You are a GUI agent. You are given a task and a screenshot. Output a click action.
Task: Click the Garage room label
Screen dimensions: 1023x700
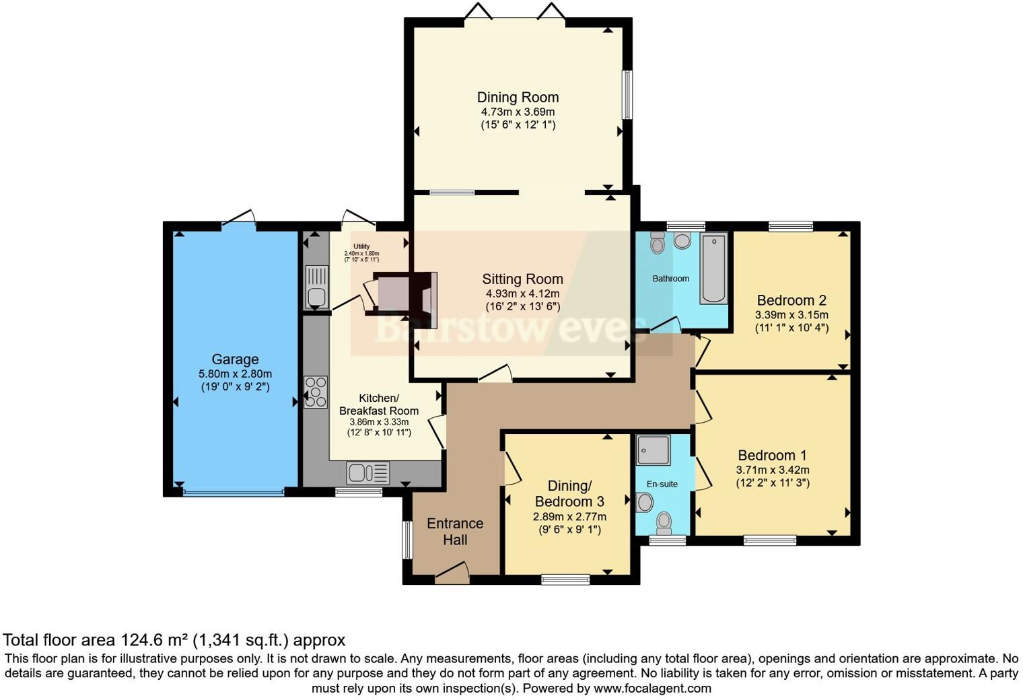click(235, 359)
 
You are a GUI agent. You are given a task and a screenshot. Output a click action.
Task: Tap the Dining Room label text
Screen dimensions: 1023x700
click(518, 98)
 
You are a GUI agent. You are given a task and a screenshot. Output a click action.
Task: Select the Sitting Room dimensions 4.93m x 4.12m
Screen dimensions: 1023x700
click(522, 293)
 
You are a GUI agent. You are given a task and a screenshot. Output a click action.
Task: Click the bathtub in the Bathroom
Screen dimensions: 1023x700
click(714, 269)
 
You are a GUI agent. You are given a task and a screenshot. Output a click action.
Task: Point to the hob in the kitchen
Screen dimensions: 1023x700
click(316, 391)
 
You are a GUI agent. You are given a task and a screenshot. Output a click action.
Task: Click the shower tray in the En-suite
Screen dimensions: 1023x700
click(653, 450)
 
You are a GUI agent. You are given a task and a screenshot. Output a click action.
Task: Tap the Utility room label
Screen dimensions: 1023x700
click(361, 246)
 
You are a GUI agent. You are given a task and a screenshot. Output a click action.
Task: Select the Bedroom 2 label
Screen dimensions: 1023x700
click(791, 300)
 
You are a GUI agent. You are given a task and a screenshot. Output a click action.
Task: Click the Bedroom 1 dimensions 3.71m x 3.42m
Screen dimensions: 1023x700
click(773, 470)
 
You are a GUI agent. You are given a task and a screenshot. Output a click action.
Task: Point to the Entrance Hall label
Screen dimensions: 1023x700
click(455, 532)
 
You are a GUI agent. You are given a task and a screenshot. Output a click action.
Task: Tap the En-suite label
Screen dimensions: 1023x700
click(662, 484)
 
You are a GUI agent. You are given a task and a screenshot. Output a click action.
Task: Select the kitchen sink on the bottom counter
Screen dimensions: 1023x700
click(367, 473)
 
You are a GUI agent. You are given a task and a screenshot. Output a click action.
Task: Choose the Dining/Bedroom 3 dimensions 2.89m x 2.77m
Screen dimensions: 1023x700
click(569, 517)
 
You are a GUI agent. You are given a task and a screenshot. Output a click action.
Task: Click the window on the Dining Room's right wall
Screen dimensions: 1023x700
click(629, 95)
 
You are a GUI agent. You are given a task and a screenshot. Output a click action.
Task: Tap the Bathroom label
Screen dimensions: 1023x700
click(670, 279)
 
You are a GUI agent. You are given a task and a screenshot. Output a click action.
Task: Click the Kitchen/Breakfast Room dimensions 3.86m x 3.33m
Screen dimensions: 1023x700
click(379, 422)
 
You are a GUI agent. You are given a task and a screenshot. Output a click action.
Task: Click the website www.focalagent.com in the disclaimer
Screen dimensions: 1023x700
click(652, 689)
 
